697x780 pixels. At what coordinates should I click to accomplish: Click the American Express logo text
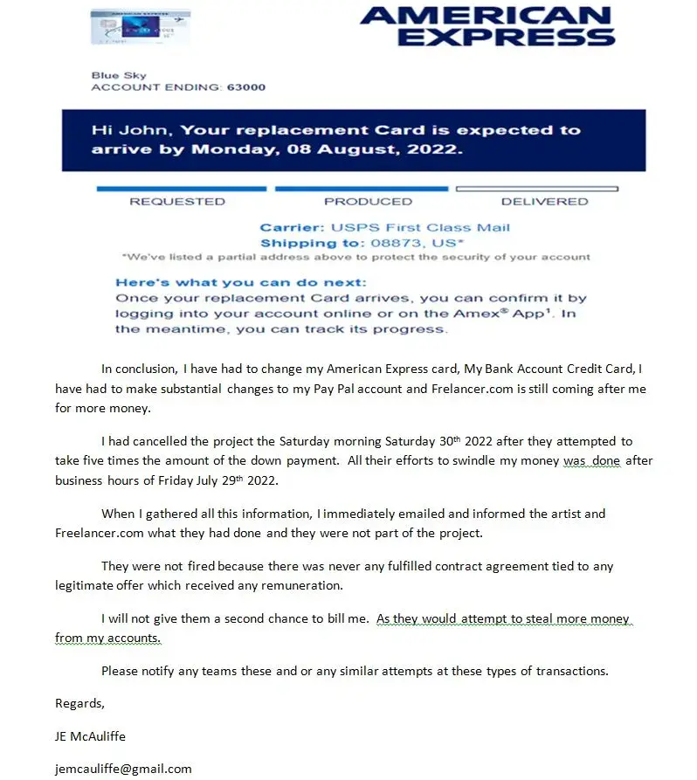pyautogui.click(x=487, y=26)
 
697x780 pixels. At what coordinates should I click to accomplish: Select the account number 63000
pyautogui.click(x=245, y=87)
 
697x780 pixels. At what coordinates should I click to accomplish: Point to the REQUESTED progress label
pyautogui.click(x=177, y=202)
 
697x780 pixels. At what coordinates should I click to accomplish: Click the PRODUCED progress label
pyautogui.click(x=368, y=202)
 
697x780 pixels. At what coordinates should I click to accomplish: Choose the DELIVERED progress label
pyautogui.click(x=545, y=202)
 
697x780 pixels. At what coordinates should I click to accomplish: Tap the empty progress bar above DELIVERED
pyautogui.click(x=537, y=189)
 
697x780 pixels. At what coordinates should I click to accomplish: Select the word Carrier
pyautogui.click(x=291, y=228)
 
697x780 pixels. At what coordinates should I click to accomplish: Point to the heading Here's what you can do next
pyautogui.click(x=241, y=283)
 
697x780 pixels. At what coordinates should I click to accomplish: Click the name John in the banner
pyautogui.click(x=155, y=130)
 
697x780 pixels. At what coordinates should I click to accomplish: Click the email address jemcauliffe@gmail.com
pyautogui.click(x=123, y=769)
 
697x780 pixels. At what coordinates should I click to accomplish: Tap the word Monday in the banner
pyautogui.click(x=230, y=149)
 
